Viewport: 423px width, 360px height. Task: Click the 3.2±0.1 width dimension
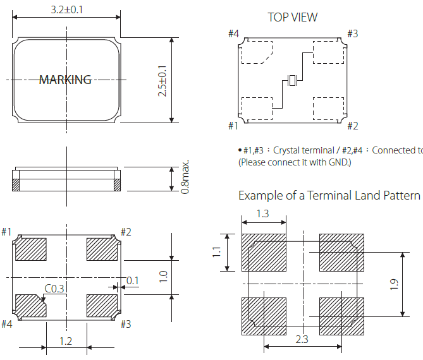pyautogui.click(x=66, y=9)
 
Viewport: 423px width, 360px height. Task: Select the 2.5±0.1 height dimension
pyautogui.click(x=162, y=80)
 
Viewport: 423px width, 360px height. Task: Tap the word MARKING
pyautogui.click(x=65, y=80)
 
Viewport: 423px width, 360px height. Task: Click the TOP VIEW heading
pyautogui.click(x=293, y=17)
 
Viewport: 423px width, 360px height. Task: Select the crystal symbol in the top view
pyautogui.click(x=292, y=81)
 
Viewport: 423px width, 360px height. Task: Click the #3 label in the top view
pyautogui.click(x=352, y=34)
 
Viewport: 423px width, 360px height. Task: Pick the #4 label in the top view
pyautogui.click(x=234, y=34)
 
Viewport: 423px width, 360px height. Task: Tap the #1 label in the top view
pyautogui.click(x=233, y=126)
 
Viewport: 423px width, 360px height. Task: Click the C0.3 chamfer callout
pyautogui.click(x=54, y=289)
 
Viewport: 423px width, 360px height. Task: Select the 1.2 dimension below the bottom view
pyautogui.click(x=65, y=341)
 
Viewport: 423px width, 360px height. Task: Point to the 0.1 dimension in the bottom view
pyautogui.click(x=133, y=280)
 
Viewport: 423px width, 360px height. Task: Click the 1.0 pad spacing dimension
pyautogui.click(x=162, y=277)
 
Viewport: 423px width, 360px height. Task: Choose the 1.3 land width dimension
pyautogui.click(x=263, y=214)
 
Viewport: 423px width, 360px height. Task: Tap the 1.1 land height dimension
pyautogui.click(x=216, y=252)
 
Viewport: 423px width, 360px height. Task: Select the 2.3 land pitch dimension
pyautogui.click(x=302, y=339)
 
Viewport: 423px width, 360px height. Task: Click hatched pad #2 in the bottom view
pyautogui.click(x=102, y=249)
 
